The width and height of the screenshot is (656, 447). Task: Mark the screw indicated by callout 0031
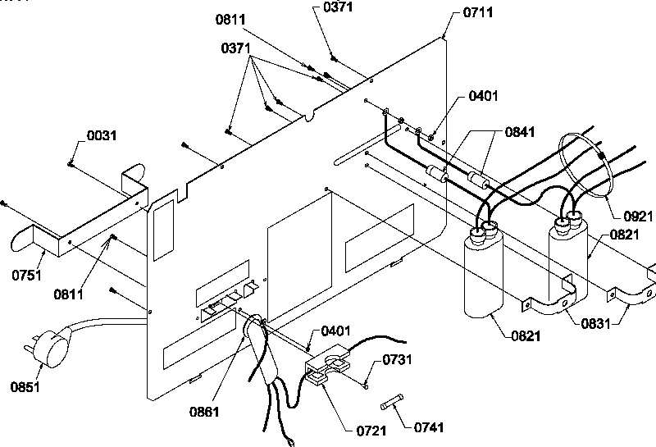coord(72,164)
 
